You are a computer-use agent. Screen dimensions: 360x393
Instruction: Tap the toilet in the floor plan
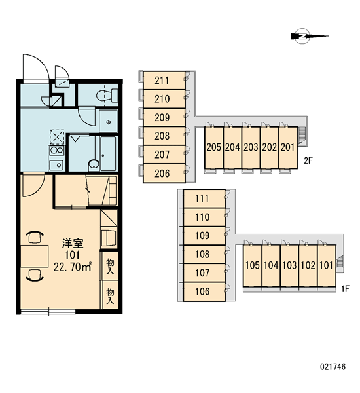pos(107,96)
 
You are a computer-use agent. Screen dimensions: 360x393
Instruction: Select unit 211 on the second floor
pos(164,81)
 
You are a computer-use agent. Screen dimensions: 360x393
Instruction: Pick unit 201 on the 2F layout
pos(288,147)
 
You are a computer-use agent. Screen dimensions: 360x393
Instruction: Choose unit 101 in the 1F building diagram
pos(327,265)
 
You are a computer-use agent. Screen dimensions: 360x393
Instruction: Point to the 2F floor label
pos(308,160)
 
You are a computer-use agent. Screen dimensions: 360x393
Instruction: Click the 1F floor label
pos(345,289)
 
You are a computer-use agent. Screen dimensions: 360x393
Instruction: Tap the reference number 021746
pos(333,367)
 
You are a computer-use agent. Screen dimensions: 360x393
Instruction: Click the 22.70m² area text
pos(73,267)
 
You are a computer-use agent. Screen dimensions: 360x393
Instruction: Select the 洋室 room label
pos(73,244)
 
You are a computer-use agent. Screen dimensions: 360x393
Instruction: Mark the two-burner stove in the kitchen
pos(56,151)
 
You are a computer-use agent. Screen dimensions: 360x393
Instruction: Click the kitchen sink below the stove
pos(56,165)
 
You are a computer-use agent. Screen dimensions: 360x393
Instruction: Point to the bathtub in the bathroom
pos(108,153)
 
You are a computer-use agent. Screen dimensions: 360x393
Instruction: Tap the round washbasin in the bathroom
pos(94,164)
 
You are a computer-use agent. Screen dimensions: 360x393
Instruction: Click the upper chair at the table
pos(35,237)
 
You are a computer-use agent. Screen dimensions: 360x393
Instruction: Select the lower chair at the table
pos(35,275)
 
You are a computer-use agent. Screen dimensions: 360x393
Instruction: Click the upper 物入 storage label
pos(110,267)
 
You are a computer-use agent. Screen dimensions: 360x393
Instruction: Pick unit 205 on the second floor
pos(213,147)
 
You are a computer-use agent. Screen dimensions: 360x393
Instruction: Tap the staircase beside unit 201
pos(302,136)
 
